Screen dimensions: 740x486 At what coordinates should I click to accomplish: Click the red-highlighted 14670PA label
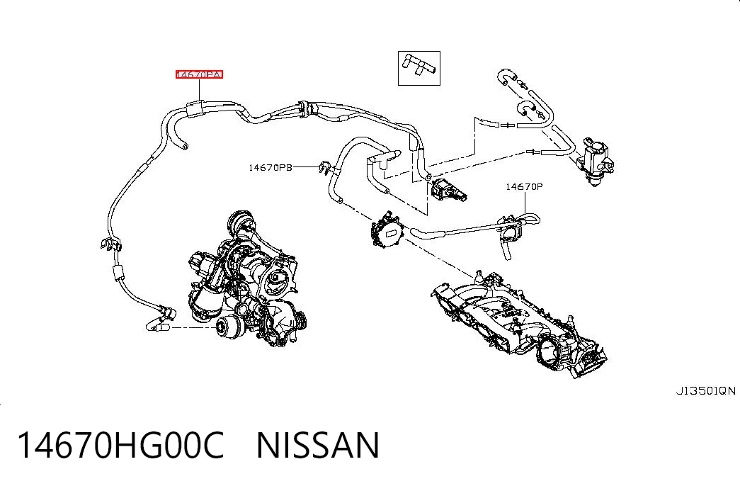pos(199,74)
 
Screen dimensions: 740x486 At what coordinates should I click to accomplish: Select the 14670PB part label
pos(271,167)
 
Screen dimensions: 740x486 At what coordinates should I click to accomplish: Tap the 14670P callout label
pos(524,186)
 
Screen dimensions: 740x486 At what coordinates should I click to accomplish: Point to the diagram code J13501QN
pos(705,390)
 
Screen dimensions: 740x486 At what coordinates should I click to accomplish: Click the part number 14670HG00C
pos(120,445)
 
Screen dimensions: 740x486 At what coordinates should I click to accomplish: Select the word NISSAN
pos(318,445)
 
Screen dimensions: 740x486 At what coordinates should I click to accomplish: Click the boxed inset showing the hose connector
pos(419,69)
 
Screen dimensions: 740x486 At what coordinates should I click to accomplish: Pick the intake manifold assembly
pos(518,324)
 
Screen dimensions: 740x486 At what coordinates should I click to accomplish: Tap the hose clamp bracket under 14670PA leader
pos(196,108)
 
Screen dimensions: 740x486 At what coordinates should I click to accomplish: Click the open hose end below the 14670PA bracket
pos(184,145)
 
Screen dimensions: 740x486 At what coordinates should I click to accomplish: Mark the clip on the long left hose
pos(110,244)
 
